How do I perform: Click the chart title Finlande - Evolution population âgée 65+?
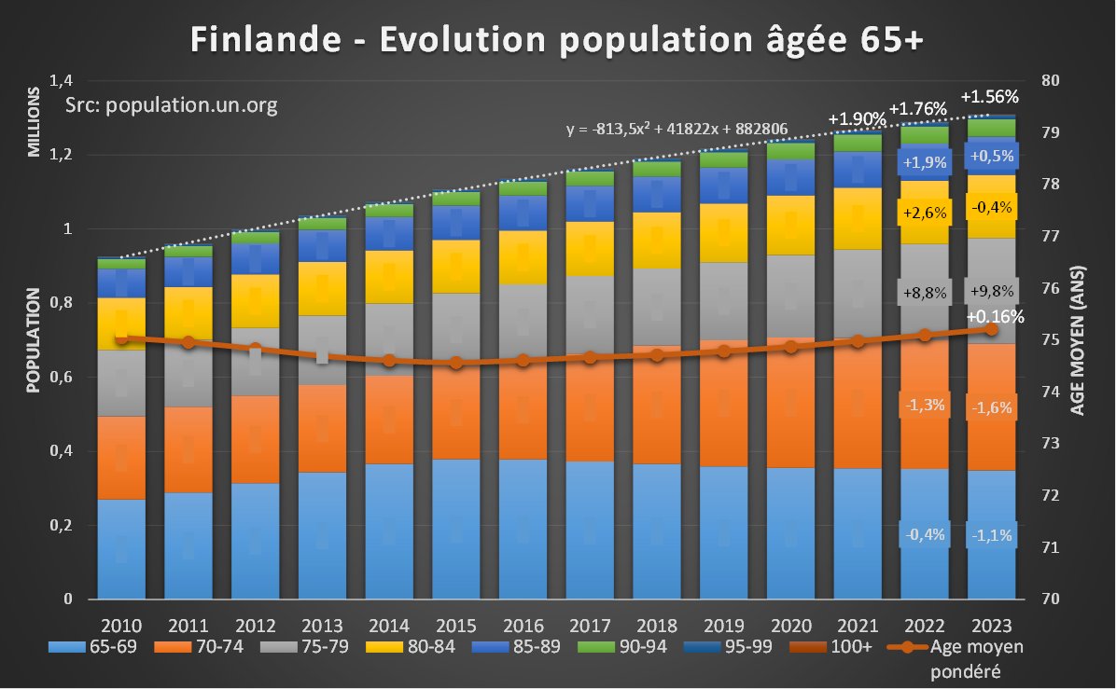pos(557,40)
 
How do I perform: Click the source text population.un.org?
pos(172,105)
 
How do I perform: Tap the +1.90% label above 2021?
pos(857,119)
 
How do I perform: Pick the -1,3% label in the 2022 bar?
pos(924,405)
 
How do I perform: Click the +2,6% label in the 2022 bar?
pos(924,213)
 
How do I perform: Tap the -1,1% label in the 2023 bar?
pos(991,535)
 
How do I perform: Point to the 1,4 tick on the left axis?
pos(71,80)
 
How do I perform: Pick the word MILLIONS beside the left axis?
pos(34,122)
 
